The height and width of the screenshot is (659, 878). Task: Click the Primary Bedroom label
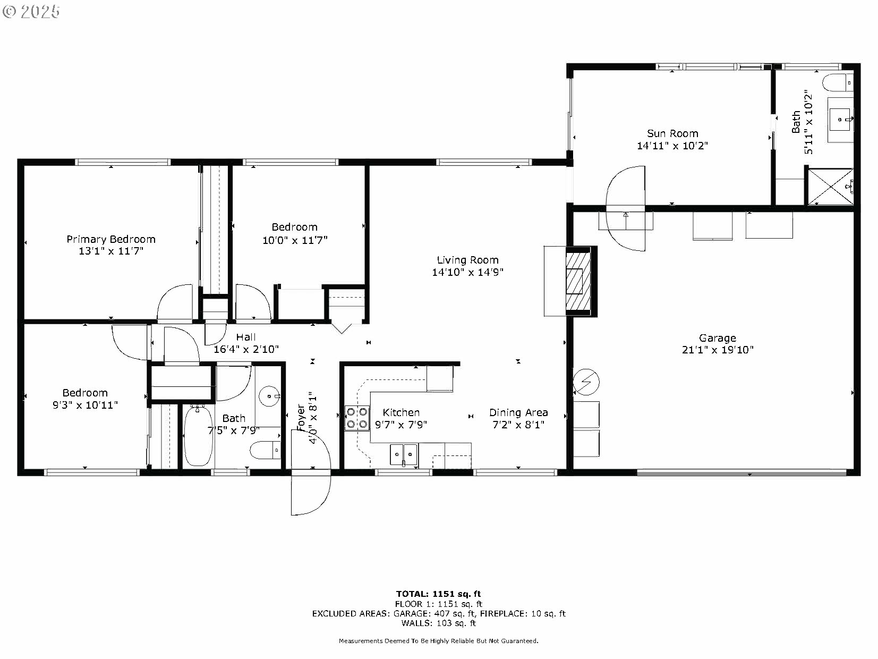[111, 239]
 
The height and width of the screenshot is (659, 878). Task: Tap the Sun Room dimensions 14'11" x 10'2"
[672, 146]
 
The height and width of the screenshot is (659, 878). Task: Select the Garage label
[718, 338]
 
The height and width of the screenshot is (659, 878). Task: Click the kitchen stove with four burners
[357, 418]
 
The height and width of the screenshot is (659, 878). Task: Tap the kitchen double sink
[404, 455]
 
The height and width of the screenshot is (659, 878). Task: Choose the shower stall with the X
[831, 187]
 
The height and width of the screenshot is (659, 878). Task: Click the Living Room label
[467, 260]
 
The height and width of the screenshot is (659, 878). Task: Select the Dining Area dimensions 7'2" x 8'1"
[518, 425]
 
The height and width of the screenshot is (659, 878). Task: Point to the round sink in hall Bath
[269, 396]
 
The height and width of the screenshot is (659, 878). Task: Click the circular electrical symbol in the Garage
[586, 382]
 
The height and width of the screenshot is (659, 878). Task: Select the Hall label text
[245, 337]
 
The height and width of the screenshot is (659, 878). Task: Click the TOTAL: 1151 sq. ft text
[438, 594]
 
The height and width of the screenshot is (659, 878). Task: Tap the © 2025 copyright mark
[31, 12]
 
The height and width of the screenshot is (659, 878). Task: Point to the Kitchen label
[401, 412]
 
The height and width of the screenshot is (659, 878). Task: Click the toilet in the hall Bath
[265, 450]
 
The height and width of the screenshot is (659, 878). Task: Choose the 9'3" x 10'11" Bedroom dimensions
[85, 405]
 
